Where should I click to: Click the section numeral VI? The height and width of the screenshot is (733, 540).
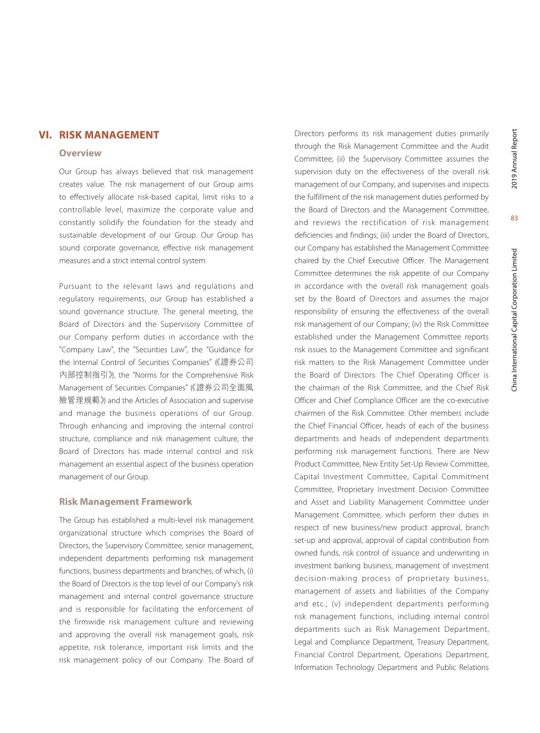pos(45,135)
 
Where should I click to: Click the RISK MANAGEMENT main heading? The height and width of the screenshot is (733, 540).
pos(109,135)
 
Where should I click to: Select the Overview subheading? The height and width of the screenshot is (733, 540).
pos(80,153)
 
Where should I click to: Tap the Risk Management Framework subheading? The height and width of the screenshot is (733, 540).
pos(125,502)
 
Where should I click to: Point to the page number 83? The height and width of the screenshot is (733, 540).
pos(514,218)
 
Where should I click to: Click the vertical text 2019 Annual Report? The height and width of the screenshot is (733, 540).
pos(514,159)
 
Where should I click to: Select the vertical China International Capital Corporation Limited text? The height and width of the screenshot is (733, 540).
pos(514,320)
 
